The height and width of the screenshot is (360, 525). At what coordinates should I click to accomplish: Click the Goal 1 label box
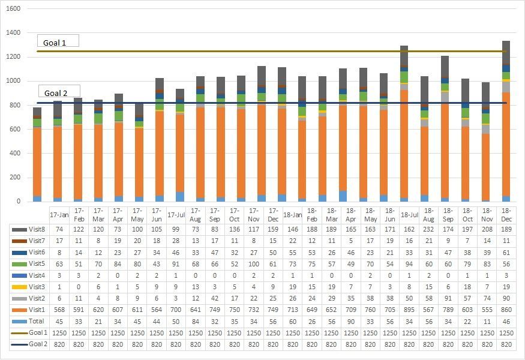(58, 42)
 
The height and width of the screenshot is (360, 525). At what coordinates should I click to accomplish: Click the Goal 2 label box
(59, 92)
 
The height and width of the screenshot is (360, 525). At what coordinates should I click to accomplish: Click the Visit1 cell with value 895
(409, 310)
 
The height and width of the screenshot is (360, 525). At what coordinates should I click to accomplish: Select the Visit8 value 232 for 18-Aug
(428, 230)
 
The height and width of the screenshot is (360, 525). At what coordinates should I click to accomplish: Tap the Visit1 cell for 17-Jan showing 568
(59, 310)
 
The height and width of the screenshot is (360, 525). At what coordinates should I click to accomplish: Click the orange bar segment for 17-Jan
(37, 162)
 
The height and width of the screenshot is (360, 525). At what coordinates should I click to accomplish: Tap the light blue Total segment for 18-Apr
(343, 196)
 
